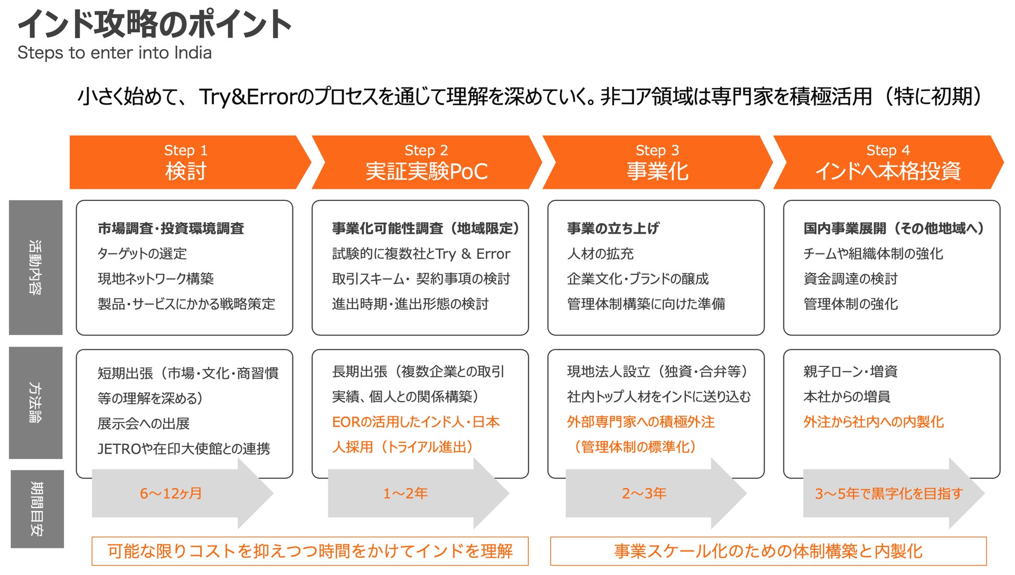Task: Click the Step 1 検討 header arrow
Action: pos(186,162)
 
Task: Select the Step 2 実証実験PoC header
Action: pos(426,162)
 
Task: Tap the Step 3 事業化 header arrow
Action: pos(657,162)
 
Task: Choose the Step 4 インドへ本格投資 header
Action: pos(888,162)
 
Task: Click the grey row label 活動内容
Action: pos(35,267)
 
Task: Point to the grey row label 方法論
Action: pos(35,403)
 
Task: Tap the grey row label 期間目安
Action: pos(37,509)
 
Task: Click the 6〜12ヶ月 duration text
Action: pos(171,493)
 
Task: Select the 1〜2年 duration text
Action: pos(405,493)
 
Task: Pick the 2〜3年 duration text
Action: pos(644,493)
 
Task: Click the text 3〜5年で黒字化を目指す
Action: pos(889,493)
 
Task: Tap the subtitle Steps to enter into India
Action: pos(115,53)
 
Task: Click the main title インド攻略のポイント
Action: pos(155,24)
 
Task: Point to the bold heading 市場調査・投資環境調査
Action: pos(171,228)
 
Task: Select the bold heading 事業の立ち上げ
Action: pos(613,228)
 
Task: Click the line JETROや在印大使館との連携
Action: pos(184,449)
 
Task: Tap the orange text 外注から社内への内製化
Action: pos(873,422)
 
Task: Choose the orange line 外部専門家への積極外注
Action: pos(640,422)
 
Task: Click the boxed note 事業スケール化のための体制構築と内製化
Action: pos(768,551)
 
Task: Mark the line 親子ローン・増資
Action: pos(850,372)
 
